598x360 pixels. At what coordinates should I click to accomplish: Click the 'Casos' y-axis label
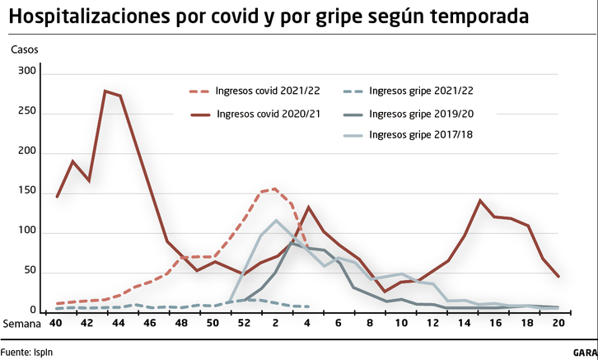pos(24,49)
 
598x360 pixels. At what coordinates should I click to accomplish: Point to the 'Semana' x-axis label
pos(21,324)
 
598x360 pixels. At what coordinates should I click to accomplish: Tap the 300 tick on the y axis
pos(28,72)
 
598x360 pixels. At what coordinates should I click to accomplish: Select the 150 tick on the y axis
pos(28,192)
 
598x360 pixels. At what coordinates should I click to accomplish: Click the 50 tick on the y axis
pos(30,271)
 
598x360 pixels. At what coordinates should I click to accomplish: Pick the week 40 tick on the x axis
pos(55,324)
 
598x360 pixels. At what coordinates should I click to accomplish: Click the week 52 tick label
pos(244,324)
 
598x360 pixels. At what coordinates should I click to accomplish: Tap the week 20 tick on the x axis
pos(558,324)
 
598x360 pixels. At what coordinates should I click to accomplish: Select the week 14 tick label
pos(464,324)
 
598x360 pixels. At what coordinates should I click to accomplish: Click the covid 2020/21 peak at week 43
pos(105,91)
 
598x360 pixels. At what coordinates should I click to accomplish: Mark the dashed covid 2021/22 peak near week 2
pos(275,189)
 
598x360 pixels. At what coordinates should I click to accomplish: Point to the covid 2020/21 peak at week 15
pos(480,200)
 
